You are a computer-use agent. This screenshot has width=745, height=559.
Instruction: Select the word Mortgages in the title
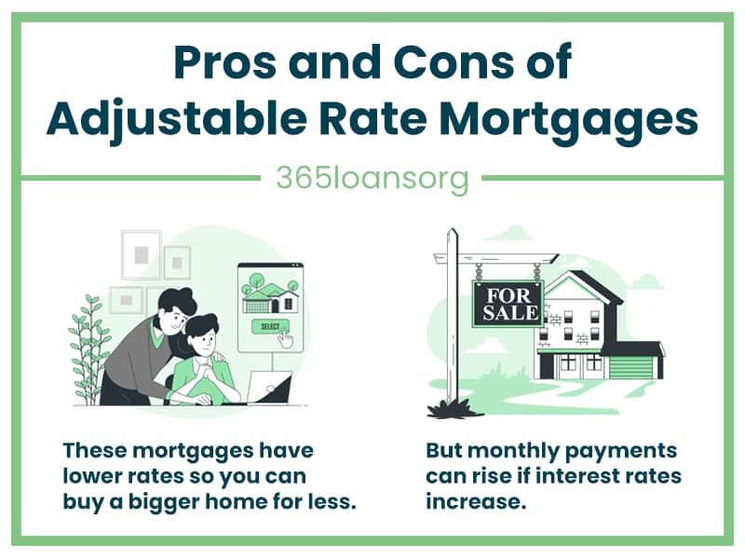click(568, 120)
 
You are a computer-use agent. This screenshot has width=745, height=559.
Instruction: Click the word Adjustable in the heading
click(176, 120)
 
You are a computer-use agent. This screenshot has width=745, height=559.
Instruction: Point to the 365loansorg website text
click(372, 179)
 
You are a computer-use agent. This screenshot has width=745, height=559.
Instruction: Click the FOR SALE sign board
click(508, 304)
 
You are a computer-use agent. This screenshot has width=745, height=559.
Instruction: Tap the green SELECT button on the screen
click(270, 326)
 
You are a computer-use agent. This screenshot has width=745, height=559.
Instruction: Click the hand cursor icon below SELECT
click(286, 338)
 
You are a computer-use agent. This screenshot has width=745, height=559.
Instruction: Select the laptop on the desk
click(270, 388)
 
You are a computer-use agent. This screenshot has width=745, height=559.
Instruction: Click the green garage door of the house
click(630, 367)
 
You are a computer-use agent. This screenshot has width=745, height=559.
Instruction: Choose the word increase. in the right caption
click(476, 501)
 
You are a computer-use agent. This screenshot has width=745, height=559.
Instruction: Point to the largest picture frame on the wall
click(142, 254)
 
